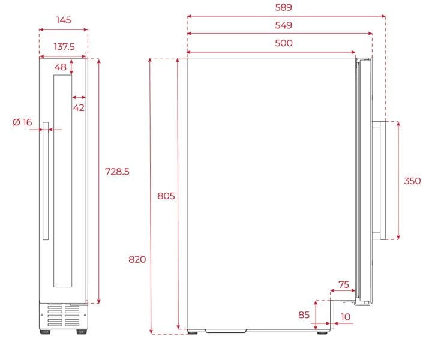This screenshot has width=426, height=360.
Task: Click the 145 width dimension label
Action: point(64,20)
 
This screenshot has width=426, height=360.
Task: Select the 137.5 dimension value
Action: point(64,46)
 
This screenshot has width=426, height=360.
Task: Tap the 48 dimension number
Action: point(61,67)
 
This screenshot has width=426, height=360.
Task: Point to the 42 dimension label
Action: point(79,108)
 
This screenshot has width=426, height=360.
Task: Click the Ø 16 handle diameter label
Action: point(22,122)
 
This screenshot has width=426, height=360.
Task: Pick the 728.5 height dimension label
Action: point(117,172)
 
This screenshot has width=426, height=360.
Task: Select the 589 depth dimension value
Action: point(283,7)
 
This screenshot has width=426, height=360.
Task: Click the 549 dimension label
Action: point(283,25)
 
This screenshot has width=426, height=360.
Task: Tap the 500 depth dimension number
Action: point(283,43)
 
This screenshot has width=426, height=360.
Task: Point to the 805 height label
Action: point(166,196)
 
